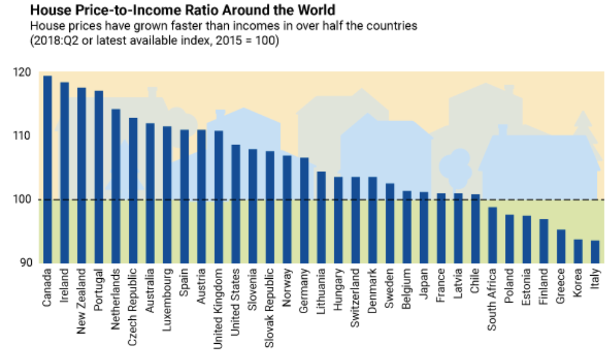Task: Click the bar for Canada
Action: click(x=47, y=169)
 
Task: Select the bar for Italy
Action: click(x=594, y=252)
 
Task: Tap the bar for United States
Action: click(x=236, y=204)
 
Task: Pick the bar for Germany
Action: click(x=304, y=210)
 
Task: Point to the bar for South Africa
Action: click(x=492, y=235)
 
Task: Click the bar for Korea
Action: click(x=577, y=251)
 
